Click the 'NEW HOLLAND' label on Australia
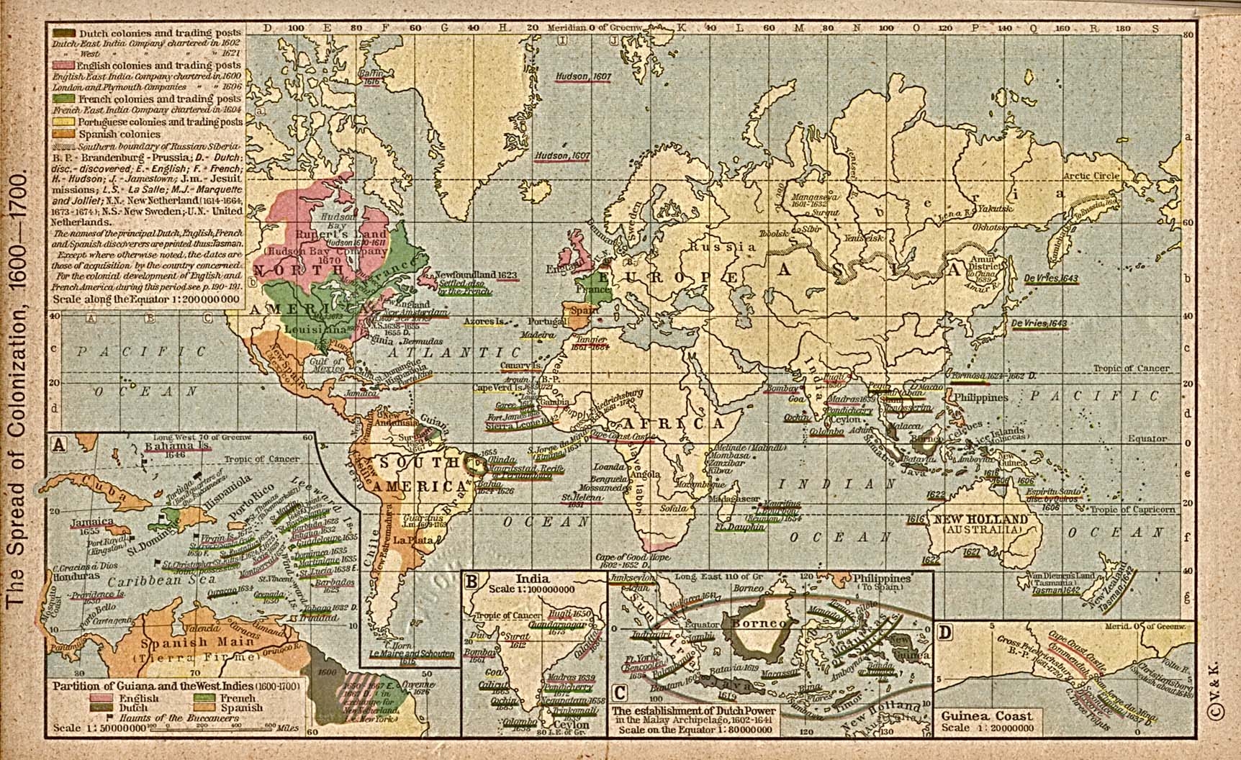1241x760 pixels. (981, 520)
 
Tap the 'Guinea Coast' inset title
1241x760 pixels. (986, 715)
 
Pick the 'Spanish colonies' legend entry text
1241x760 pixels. (119, 134)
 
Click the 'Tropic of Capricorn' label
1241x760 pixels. (1134, 509)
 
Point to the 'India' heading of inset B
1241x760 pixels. (533, 578)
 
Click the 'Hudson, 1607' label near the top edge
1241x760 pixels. (583, 76)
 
